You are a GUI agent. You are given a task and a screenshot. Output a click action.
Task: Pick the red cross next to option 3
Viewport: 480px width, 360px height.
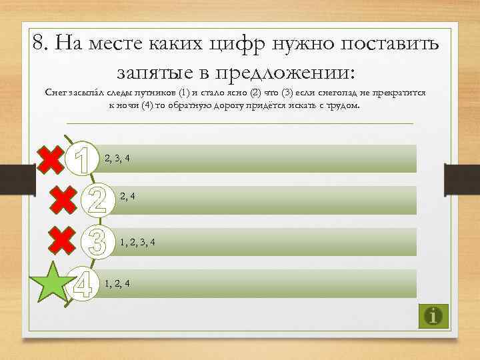click(63, 240)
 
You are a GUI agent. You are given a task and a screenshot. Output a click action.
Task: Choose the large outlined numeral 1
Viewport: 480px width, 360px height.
click(83, 159)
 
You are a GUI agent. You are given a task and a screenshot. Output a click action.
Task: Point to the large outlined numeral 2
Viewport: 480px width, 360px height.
click(97, 199)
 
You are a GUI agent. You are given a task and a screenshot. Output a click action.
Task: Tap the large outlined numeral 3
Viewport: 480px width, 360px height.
click(97, 241)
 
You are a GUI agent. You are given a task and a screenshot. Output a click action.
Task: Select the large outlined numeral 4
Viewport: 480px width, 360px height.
click(83, 283)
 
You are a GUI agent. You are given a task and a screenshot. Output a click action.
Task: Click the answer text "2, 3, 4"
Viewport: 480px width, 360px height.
click(117, 158)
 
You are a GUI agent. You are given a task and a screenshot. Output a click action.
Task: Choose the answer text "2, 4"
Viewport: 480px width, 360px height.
click(128, 196)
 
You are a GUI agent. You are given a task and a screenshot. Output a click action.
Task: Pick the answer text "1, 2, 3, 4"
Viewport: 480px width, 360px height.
click(139, 241)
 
